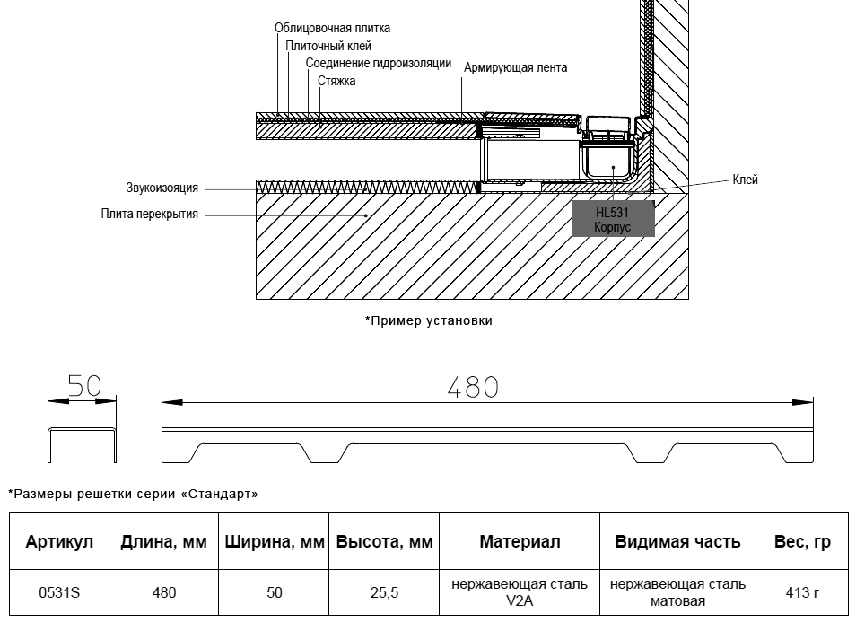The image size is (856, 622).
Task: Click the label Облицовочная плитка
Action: [x=332, y=28]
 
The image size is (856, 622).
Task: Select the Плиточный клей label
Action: [x=328, y=46]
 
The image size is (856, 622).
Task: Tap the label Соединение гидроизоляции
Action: [x=379, y=64]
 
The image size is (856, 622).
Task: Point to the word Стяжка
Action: [x=336, y=81]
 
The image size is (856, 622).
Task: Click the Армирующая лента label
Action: [x=515, y=67]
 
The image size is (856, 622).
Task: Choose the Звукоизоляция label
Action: [x=162, y=188]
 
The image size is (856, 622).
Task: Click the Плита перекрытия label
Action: [x=150, y=214]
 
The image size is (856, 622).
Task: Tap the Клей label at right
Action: [x=745, y=180]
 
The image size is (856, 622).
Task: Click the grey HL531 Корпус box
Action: [x=613, y=218]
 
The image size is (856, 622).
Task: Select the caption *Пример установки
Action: [x=429, y=320]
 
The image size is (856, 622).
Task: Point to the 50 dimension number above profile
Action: [x=84, y=386]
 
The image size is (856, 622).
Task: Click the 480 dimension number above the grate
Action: [x=473, y=387]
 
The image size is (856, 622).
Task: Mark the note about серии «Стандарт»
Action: [x=133, y=494]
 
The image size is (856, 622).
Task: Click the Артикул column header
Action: [x=59, y=541]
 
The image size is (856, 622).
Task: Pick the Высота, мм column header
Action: [x=384, y=541]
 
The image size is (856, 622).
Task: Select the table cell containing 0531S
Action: [x=59, y=592]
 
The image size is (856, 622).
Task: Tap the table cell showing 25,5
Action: [x=384, y=592]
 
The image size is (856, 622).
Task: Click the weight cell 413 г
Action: [x=802, y=592]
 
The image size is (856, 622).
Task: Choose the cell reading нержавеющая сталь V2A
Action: [x=520, y=592]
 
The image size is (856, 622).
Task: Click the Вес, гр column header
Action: [x=802, y=541]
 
